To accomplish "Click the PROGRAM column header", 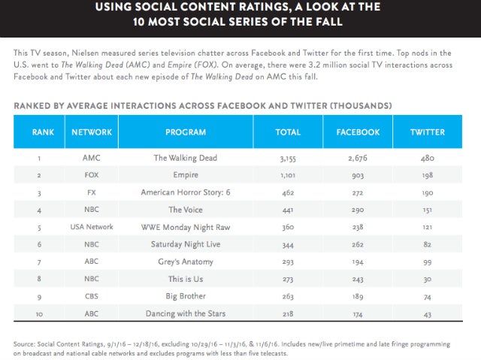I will point(185,132).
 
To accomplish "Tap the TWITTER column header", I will point(427,132).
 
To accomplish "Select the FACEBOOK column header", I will point(357,132).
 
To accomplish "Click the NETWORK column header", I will point(92,132).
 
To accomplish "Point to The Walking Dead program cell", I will point(185,158).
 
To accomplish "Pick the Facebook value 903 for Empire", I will point(357,175).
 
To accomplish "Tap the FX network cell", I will point(92,192).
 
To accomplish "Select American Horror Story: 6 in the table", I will point(185,192).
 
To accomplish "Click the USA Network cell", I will point(92,226).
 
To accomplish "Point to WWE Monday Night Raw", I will point(185,226).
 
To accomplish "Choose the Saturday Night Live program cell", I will point(185,244).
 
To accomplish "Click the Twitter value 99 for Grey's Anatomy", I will point(427,261).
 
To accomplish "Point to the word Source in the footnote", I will point(26,343).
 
